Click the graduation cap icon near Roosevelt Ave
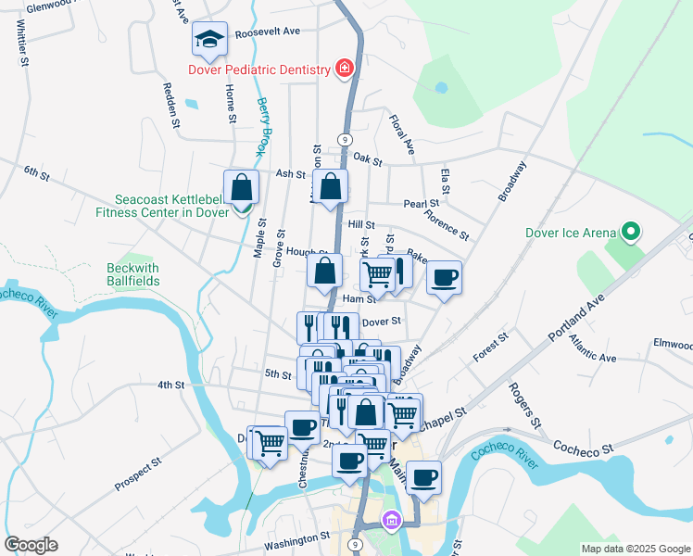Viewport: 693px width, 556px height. click(210, 39)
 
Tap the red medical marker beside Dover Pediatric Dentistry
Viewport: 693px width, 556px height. click(345, 69)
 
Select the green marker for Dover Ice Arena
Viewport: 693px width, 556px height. click(632, 232)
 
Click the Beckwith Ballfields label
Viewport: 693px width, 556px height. click(132, 274)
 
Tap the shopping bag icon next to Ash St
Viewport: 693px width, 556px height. click(331, 187)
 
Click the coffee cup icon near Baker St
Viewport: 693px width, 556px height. click(445, 277)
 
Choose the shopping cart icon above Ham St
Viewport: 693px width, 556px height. click(376, 274)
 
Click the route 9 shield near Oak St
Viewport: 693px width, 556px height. click(345, 139)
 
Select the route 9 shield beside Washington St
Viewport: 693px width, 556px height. click(355, 544)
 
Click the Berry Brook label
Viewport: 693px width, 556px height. click(263, 126)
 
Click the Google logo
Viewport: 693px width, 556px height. click(31, 545)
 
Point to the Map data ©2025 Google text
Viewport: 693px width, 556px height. click(635, 549)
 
